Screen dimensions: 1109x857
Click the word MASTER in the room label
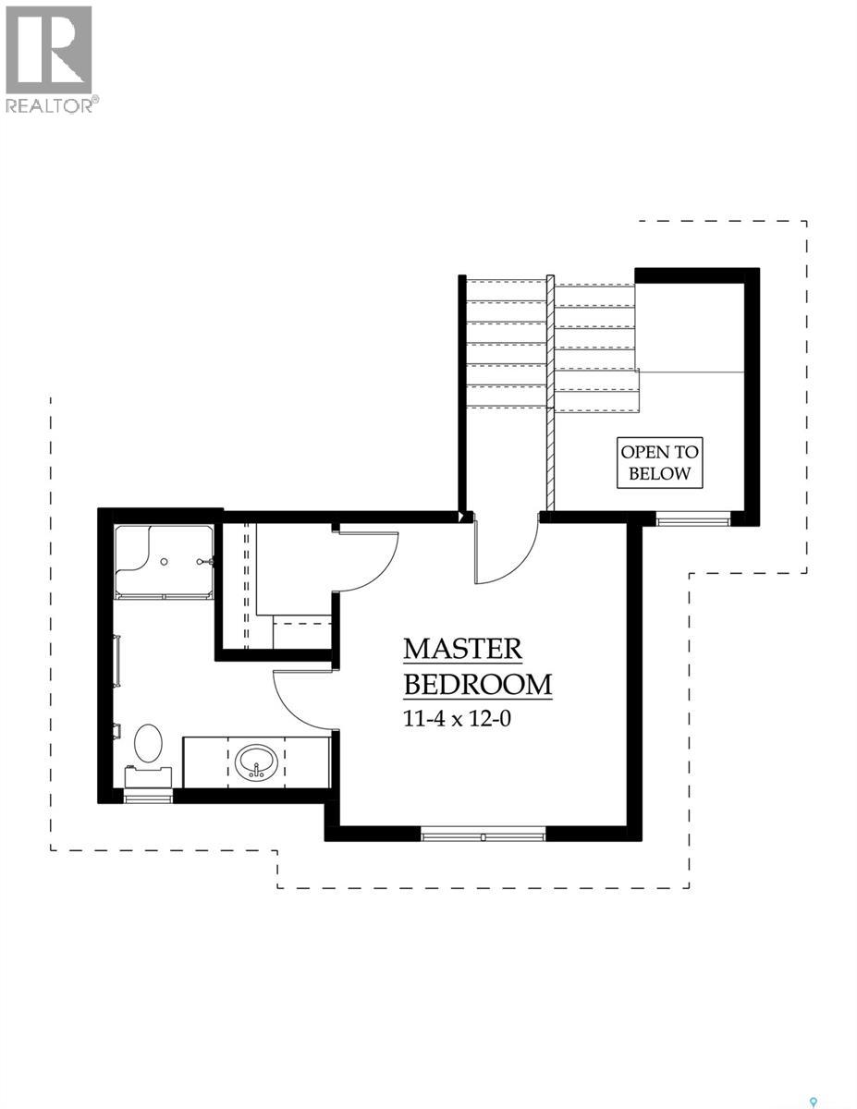coord(462,649)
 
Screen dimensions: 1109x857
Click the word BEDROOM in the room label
coord(478,685)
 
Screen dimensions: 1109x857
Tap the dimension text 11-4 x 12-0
coord(457,719)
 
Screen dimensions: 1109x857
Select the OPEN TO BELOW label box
coord(660,463)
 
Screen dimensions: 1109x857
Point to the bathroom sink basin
coord(255,763)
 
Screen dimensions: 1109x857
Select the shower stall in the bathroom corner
coord(164,562)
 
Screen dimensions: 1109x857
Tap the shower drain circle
coord(164,561)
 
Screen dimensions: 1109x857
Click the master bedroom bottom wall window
coord(484,836)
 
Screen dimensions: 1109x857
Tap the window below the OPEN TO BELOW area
coord(693,520)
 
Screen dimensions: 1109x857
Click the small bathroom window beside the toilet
coord(148,797)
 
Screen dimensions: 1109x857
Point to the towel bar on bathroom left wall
coord(117,662)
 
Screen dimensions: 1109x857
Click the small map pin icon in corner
coord(814,1102)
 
